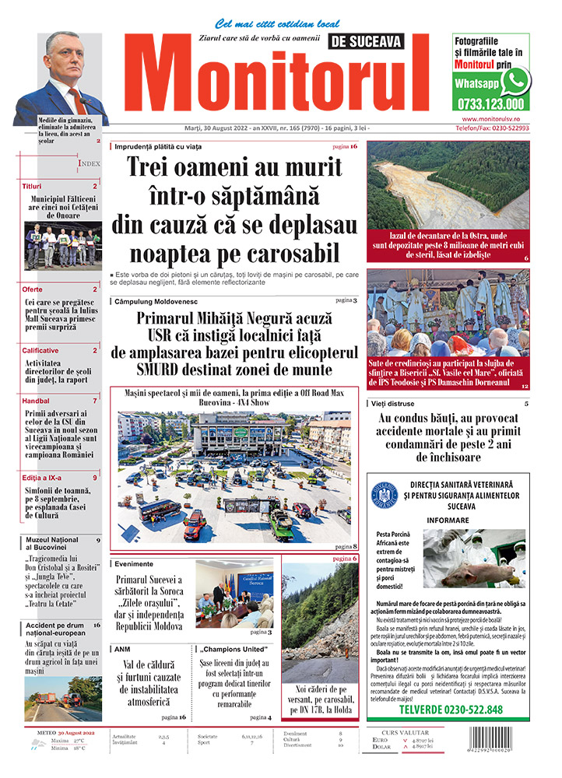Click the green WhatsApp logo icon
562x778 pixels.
pyautogui.click(x=515, y=81)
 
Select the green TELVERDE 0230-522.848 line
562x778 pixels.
pyautogui.click(x=451, y=710)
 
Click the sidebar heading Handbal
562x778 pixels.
pyautogui.click(x=36, y=401)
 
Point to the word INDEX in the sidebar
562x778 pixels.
pyautogui.click(x=89, y=164)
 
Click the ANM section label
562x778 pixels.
pyautogui.click(x=121, y=648)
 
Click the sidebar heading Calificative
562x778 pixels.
pyautogui.click(x=40, y=350)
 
